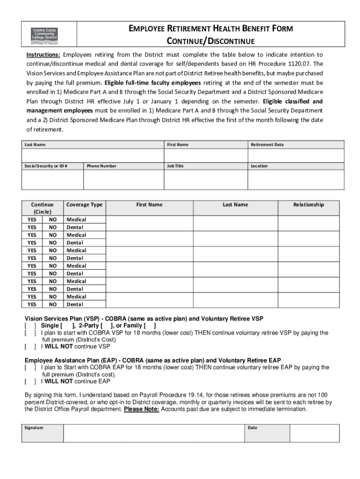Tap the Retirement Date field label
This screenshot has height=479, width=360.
pyautogui.click(x=267, y=145)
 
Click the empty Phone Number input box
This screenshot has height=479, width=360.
pyautogui.click(x=123, y=179)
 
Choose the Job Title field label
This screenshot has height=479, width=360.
pyautogui.click(x=175, y=166)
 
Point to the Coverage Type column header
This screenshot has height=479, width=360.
pyautogui.click(x=84, y=205)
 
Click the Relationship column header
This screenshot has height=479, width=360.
pyautogui.click(x=308, y=205)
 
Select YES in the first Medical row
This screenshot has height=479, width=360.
pyautogui.click(x=32, y=219)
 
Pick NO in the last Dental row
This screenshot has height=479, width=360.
pyautogui.click(x=53, y=305)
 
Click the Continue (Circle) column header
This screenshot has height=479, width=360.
pyautogui.click(x=42, y=208)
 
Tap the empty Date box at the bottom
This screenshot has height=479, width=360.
pyautogui.click(x=314, y=433)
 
